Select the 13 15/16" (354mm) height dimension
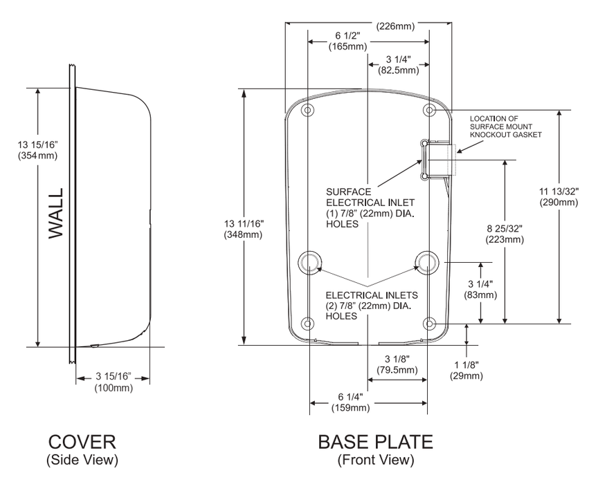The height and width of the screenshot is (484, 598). point(37,150)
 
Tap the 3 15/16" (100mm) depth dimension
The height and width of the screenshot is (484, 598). point(113,382)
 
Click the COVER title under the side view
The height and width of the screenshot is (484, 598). point(82,443)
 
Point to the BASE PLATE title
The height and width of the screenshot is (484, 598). point(376,443)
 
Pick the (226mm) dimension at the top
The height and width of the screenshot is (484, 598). point(396,27)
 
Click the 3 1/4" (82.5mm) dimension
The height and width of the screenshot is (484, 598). point(397,64)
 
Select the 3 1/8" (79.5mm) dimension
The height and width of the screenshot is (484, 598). point(401,364)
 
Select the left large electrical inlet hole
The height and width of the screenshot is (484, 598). point(309,261)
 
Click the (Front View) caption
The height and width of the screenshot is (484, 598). point(375,459)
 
